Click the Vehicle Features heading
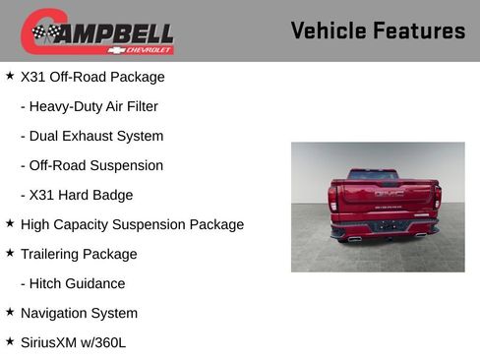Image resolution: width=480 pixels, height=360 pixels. (x=378, y=30)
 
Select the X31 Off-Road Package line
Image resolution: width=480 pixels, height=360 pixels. (x=92, y=77)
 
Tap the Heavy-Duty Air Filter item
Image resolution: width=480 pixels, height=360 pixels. (x=89, y=106)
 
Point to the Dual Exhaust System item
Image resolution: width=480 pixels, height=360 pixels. (x=91, y=136)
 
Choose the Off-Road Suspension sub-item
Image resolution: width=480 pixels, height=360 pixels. (x=91, y=165)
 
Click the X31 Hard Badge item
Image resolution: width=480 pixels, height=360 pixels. (x=77, y=195)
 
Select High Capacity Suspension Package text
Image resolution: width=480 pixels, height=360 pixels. (x=132, y=224)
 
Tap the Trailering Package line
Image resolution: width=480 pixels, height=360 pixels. (x=79, y=254)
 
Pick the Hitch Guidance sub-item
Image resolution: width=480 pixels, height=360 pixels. (x=73, y=283)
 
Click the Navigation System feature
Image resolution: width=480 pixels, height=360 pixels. (x=79, y=313)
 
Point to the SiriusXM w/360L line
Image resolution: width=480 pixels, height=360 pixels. (x=73, y=342)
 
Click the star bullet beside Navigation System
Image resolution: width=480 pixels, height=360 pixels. (x=10, y=312)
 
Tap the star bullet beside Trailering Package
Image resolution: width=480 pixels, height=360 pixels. (x=10, y=253)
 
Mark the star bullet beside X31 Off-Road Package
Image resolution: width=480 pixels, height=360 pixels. (x=10, y=76)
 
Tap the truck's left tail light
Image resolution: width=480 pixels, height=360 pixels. (x=333, y=199)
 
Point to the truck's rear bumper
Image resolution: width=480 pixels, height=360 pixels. (x=385, y=229)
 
